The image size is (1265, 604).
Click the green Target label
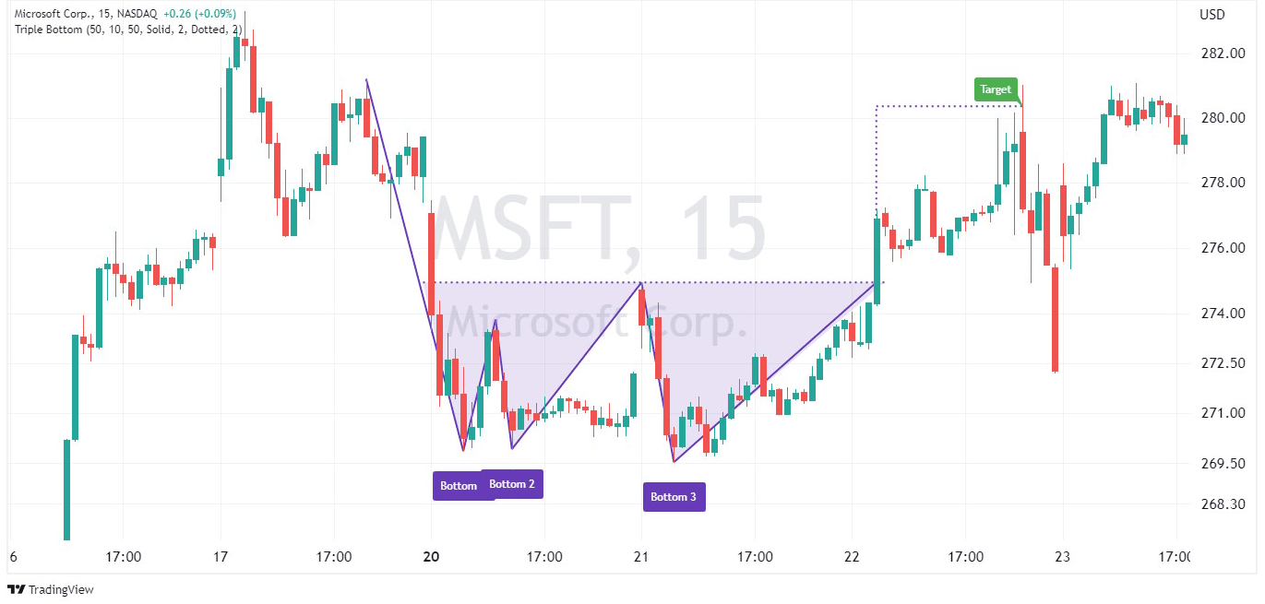pyautogui.click(x=996, y=89)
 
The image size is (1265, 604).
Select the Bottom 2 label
pyautogui.click(x=512, y=484)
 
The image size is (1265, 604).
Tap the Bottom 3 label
pyautogui.click(x=674, y=497)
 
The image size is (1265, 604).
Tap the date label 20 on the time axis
pyautogui.click(x=431, y=557)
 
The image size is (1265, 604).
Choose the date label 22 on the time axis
pyautogui.click(x=851, y=557)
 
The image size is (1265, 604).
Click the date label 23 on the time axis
pyautogui.click(x=1061, y=557)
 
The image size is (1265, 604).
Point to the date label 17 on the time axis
pyautogui.click(x=220, y=557)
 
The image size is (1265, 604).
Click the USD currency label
pyautogui.click(x=1211, y=15)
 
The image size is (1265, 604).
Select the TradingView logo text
pyautogui.click(x=61, y=590)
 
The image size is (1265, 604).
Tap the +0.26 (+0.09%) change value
pyautogui.click(x=199, y=15)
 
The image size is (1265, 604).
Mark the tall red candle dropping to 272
pyautogui.click(x=1055, y=318)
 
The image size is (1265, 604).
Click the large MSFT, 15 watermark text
pyautogui.click(x=600, y=231)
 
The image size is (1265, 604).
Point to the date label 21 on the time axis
pyautogui.click(x=641, y=557)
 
